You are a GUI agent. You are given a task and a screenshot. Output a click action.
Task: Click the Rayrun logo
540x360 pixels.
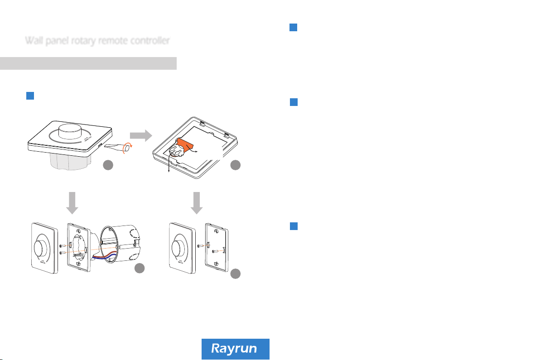click(235, 349)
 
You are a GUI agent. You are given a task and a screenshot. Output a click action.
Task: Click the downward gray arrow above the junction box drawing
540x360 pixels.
click(72, 202)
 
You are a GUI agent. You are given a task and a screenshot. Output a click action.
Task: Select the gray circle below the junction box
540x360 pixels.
click(140, 269)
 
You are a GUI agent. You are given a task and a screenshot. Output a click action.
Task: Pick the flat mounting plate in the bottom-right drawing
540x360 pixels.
click(216, 249)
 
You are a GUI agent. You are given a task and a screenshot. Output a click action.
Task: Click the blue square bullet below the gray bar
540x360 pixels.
click(30, 96)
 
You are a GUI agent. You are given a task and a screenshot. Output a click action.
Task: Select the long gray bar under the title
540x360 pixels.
click(88, 63)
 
